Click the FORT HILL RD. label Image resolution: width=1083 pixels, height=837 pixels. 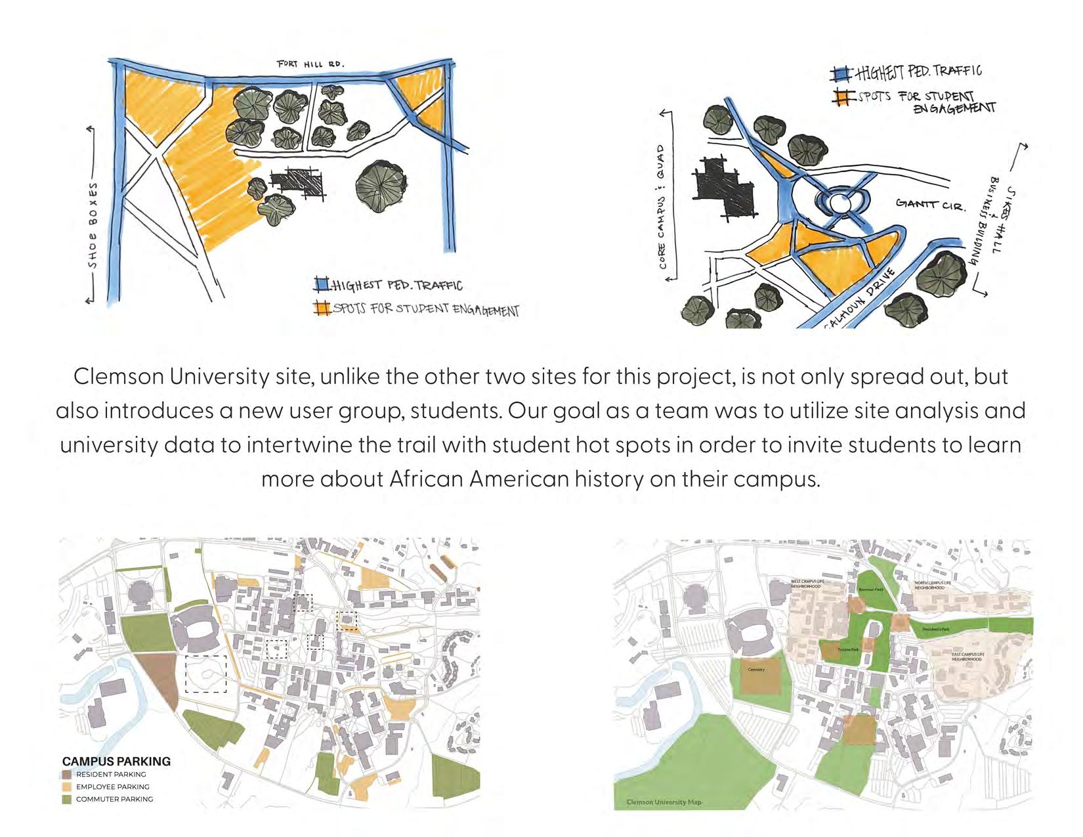[310, 64]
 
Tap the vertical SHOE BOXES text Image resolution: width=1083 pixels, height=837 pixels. [93, 225]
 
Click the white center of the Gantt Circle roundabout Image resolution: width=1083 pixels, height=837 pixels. [840, 203]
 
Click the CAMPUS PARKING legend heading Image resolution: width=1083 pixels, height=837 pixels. [116, 762]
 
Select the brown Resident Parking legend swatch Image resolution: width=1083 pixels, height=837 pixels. [66, 775]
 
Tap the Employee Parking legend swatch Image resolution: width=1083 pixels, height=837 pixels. [66, 786]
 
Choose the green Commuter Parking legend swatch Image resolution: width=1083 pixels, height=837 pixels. [66, 799]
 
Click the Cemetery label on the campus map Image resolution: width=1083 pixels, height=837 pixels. [756, 670]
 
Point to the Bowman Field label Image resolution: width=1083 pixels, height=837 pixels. [871, 590]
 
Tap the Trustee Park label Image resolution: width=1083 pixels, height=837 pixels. [848, 649]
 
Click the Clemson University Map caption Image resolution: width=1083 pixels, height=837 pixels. [664, 802]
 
